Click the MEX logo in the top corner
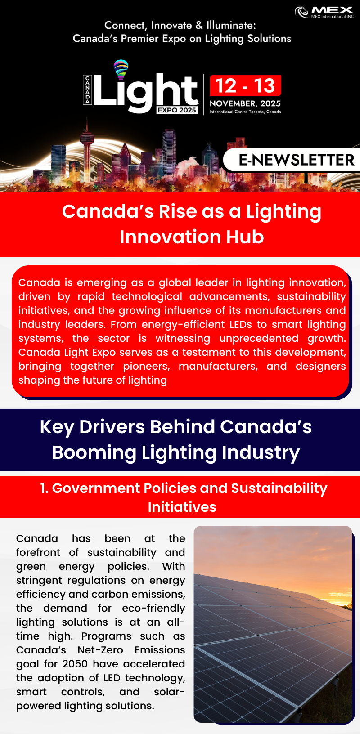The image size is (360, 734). coord(324,12)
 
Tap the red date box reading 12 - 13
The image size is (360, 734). coord(245,85)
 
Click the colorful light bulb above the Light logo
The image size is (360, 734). coord(121,69)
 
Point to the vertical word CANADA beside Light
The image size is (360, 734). coord(87,90)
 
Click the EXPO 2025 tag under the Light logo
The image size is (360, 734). coord(177,110)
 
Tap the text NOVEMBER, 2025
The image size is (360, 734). coord(245,103)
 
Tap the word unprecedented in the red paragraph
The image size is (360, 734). coord(259,338)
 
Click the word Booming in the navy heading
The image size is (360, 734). coord(94,452)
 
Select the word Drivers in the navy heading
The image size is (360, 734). coord(112,427)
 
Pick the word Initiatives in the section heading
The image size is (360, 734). coord(182,507)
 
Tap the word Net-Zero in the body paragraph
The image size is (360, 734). coord(100,650)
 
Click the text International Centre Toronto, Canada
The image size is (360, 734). coord(245,112)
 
